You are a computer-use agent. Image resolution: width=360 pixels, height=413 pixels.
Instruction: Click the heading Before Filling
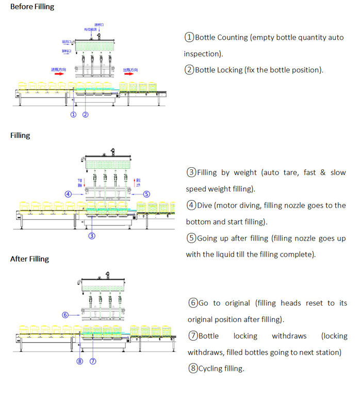(x=32, y=7)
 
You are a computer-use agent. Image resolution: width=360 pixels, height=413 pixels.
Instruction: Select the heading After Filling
(x=29, y=259)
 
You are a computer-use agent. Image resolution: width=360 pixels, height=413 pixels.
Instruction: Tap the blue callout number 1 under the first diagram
(x=73, y=115)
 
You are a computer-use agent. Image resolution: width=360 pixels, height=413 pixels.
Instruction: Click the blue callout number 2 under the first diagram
(x=86, y=115)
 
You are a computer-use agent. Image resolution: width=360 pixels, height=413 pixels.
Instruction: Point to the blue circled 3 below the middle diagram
(x=91, y=236)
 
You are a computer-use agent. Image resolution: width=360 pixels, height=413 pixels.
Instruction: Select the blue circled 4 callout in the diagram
(x=68, y=194)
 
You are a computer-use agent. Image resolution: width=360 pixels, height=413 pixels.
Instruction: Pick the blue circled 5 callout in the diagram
(x=146, y=194)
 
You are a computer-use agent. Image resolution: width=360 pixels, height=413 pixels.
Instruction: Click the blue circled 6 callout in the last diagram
(x=64, y=314)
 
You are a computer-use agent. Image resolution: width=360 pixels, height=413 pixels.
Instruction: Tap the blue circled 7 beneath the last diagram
(x=93, y=361)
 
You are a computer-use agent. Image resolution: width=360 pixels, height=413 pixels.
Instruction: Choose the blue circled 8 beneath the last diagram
(x=80, y=361)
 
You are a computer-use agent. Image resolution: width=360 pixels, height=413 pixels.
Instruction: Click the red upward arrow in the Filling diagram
(x=136, y=182)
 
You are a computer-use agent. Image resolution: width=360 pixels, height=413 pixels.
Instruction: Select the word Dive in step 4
(x=205, y=205)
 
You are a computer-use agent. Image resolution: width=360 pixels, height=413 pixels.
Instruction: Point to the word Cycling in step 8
(x=210, y=369)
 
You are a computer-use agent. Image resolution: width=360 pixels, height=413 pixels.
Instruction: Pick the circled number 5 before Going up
(x=191, y=239)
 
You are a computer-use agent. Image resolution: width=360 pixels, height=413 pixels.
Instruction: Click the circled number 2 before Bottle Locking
(x=189, y=70)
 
